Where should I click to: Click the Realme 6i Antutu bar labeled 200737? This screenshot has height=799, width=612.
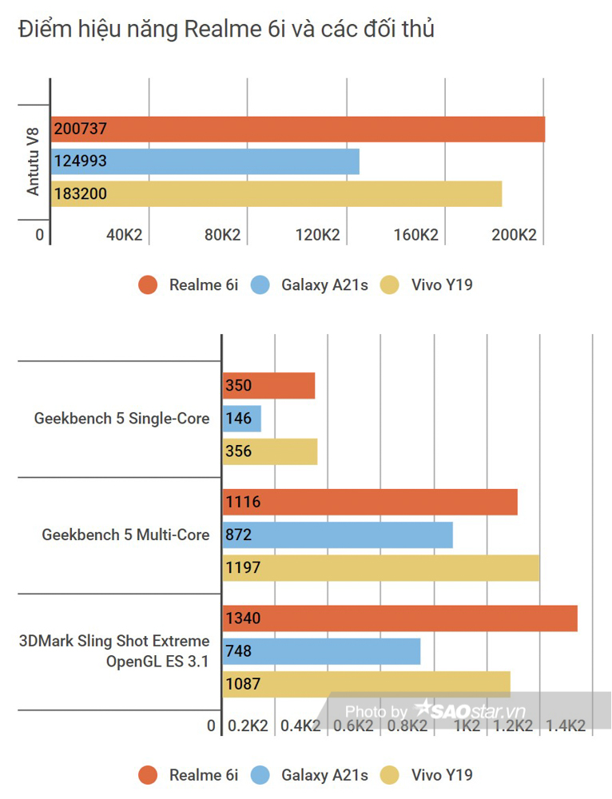pyautogui.click(x=297, y=129)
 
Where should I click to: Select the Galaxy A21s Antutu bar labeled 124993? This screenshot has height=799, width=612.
pyautogui.click(x=205, y=161)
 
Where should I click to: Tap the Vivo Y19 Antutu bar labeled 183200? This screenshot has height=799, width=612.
pyautogui.click(x=276, y=193)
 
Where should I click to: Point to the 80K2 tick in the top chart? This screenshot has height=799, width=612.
pyautogui.click(x=222, y=235)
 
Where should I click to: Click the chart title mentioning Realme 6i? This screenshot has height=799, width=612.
pyautogui.click(x=226, y=30)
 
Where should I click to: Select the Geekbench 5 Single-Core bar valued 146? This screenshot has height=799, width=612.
pyautogui.click(x=242, y=418)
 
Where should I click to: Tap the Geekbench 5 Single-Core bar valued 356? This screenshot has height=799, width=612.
pyautogui.click(x=270, y=451)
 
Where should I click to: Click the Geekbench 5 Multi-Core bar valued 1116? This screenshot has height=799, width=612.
pyautogui.click(x=370, y=502)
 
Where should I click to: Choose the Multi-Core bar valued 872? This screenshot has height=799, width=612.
pyautogui.click(x=337, y=535)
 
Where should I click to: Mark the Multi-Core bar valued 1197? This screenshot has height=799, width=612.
pyautogui.click(x=380, y=568)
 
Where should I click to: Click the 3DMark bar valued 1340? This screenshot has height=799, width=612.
pyautogui.click(x=399, y=618)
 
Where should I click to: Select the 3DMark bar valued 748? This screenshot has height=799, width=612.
pyautogui.click(x=321, y=651)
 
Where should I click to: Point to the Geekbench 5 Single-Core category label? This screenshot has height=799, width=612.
pyautogui.click(x=122, y=419)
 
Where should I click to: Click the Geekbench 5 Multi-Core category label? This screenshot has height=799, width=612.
pyautogui.click(x=126, y=535)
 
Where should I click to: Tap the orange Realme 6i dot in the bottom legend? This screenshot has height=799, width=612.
pyautogui.click(x=148, y=774)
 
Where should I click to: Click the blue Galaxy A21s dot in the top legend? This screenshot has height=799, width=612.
pyautogui.click(x=260, y=284)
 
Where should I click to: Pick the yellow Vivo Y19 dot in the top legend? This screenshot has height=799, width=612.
pyautogui.click(x=390, y=284)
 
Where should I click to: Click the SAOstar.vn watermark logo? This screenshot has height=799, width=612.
pyautogui.click(x=469, y=710)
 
